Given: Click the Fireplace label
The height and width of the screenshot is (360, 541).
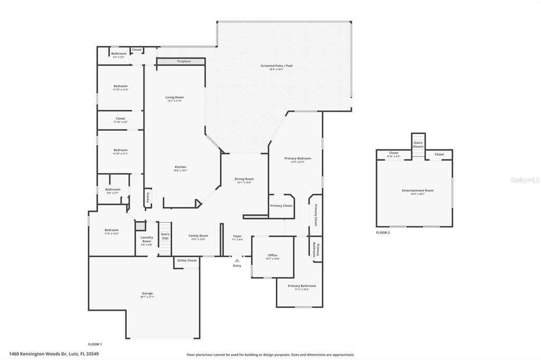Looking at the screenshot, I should pos(184,62).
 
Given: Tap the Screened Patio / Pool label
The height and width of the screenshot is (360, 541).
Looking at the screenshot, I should pos(276,66).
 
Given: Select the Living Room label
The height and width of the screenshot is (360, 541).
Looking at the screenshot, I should pos(174,98).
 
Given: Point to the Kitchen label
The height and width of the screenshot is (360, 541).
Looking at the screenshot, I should pos(181,167).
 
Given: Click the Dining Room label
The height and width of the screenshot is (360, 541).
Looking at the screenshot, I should pos(244,179).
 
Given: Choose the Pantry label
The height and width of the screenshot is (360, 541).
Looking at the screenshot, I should pos(147,196).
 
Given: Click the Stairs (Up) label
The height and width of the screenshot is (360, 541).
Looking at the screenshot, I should pos(165,235).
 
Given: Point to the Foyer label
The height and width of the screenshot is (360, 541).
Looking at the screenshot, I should pos(237,236).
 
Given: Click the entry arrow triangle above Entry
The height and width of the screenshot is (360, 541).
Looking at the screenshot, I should pos(237,260).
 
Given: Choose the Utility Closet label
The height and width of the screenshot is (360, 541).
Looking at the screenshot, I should pos(187,260).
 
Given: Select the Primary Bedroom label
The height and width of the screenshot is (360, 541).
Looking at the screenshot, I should pos(297,158).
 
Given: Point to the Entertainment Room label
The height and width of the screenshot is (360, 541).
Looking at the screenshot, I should pos(414,190).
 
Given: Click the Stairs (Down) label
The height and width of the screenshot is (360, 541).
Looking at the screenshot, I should pos(418,144).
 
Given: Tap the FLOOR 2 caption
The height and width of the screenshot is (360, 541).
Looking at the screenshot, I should pos(383,232).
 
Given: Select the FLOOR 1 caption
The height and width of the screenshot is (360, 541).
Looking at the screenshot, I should pos(95,344).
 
